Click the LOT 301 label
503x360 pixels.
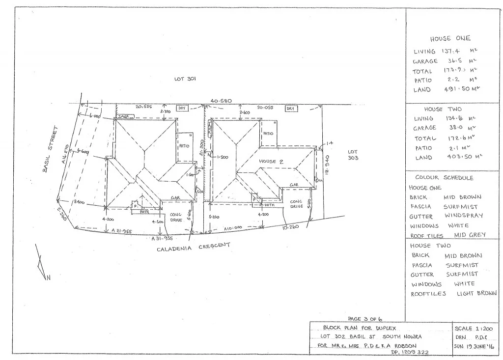pos(185,79)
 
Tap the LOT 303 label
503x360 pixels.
pos(353,155)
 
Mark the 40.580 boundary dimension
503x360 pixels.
pos(221,101)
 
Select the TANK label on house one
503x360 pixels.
pos(123,116)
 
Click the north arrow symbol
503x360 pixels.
pos(42,266)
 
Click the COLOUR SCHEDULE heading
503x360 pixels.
pos(444,178)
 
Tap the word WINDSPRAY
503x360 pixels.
pos(464,216)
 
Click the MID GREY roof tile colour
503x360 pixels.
pos(470,235)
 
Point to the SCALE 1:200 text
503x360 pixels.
pos(474,329)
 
